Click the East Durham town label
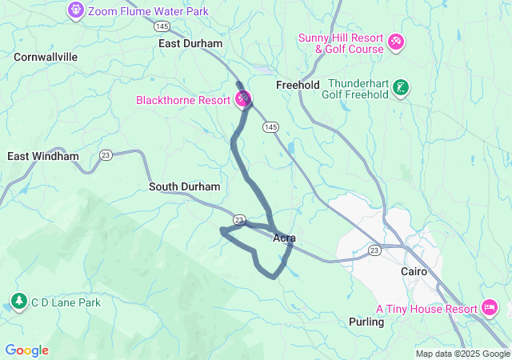pyautogui.click(x=190, y=44)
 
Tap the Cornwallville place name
pyautogui.click(x=46, y=57)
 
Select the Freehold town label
pyautogui.click(x=298, y=85)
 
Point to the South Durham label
pyautogui.click(x=184, y=186)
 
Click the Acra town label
pyautogui.click(x=285, y=238)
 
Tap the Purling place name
pyautogui.click(x=366, y=322)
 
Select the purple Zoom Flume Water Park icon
pyautogui.click(x=76, y=10)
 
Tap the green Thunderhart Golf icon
pyautogui.click(x=402, y=87)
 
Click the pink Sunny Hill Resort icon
pyautogui.click(x=395, y=41)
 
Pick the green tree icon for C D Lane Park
pyautogui.click(x=18, y=302)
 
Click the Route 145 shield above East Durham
pyautogui.click(x=162, y=26)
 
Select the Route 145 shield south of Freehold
pyautogui.click(x=272, y=127)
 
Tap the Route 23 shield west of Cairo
pyautogui.click(x=374, y=250)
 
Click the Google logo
pyautogui.click(x=26, y=350)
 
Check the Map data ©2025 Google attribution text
pyautogui.click(x=462, y=354)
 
